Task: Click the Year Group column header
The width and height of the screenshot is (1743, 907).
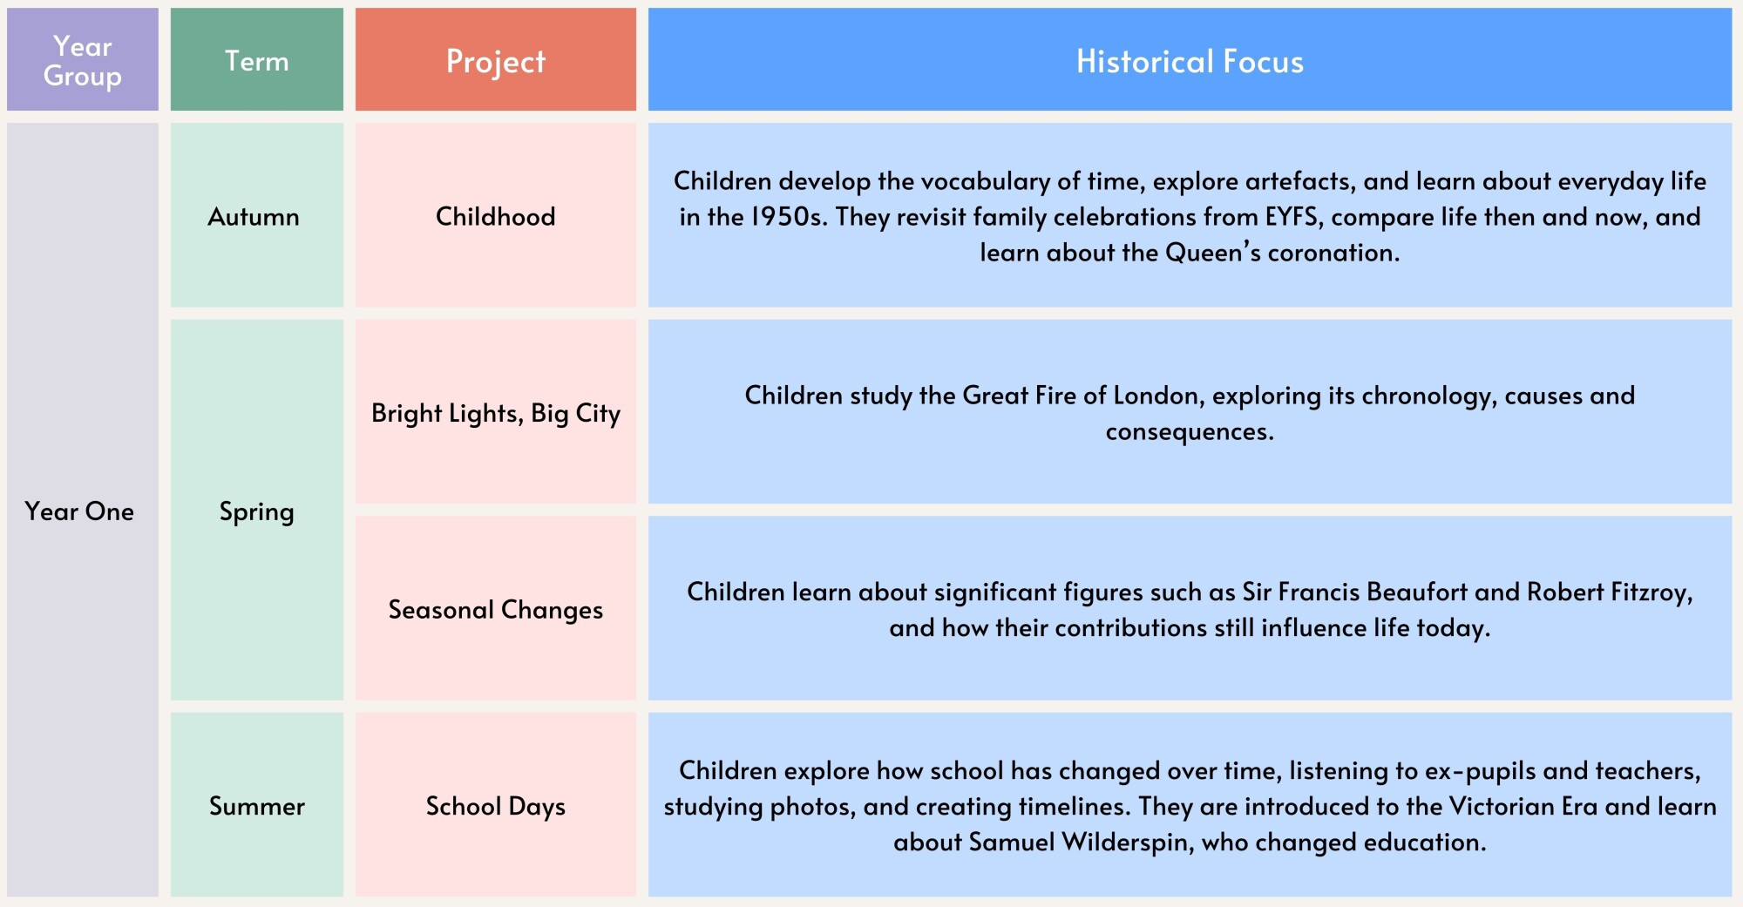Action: [83, 59]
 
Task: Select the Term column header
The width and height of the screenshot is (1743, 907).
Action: [257, 59]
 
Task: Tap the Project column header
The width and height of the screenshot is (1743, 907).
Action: [496, 59]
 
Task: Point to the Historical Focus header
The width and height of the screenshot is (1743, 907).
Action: [1190, 59]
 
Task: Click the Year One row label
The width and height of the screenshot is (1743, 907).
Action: [79, 511]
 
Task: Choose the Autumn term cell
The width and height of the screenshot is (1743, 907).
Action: [257, 215]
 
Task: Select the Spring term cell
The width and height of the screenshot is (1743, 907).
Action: [257, 510]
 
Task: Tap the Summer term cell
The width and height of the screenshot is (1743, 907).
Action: [257, 805]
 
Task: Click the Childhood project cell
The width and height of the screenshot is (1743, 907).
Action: [496, 215]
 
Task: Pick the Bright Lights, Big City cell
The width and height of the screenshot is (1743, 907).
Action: [496, 411]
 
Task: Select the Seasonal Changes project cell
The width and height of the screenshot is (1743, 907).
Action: [496, 608]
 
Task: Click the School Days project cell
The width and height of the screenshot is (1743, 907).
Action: [496, 805]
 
